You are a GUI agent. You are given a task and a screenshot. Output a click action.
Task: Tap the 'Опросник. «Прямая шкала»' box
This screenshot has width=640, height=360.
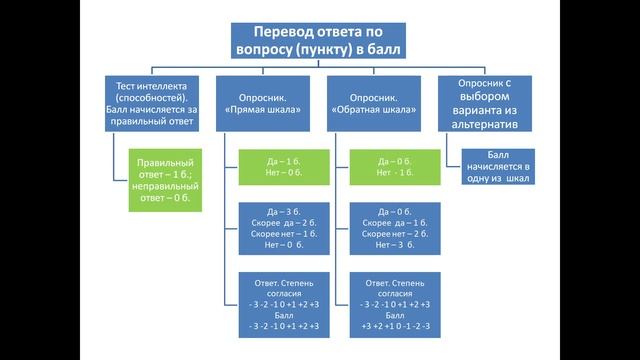(x=265, y=104)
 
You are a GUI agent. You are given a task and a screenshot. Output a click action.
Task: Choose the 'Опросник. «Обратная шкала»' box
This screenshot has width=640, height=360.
(x=375, y=104)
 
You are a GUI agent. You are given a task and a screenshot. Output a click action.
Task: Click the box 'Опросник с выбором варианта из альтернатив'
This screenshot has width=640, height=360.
(x=485, y=104)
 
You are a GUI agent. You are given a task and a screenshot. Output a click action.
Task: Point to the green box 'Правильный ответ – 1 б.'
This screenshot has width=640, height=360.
(x=165, y=179)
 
